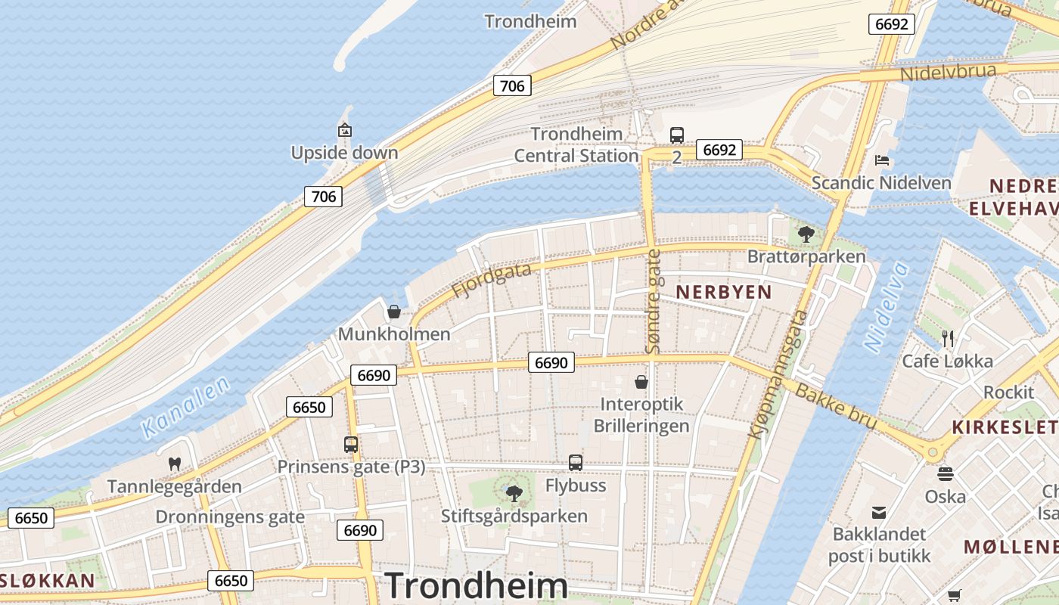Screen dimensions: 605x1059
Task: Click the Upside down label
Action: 344,153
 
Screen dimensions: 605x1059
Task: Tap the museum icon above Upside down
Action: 345,130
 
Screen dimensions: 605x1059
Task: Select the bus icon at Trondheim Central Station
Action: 676,135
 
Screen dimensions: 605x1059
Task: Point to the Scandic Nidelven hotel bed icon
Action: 881,160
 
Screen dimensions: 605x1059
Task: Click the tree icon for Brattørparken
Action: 806,234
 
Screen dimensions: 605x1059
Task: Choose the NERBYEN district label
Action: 723,292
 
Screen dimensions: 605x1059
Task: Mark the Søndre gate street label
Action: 654,301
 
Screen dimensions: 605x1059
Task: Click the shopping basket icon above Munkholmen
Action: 393,311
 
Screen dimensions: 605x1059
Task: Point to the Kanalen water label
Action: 185,408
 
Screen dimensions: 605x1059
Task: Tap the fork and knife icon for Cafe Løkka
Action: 947,338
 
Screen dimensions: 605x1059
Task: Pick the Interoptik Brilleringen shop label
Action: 641,414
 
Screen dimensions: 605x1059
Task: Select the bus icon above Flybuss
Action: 576,462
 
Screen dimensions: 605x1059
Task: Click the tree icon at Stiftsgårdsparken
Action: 514,494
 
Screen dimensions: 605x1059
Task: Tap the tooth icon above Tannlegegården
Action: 175,463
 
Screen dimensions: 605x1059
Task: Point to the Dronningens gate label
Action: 230,517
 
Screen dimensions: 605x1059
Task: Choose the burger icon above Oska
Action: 946,474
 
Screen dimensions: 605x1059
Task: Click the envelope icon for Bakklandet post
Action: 879,513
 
